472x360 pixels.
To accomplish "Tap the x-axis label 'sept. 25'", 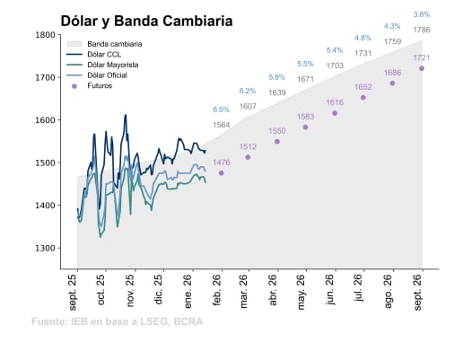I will click(x=74, y=294).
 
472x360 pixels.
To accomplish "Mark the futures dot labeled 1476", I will click(x=222, y=173).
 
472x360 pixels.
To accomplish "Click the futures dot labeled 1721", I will click(x=422, y=69).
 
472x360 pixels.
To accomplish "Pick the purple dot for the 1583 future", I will click(x=306, y=127).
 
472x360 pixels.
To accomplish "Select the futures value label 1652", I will click(x=363, y=87).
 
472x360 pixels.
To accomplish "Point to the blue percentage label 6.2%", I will click(x=249, y=92).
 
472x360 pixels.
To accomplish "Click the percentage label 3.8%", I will click(x=422, y=14).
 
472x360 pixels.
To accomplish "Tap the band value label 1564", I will click(x=221, y=125).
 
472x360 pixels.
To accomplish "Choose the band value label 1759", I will click(x=392, y=41).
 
